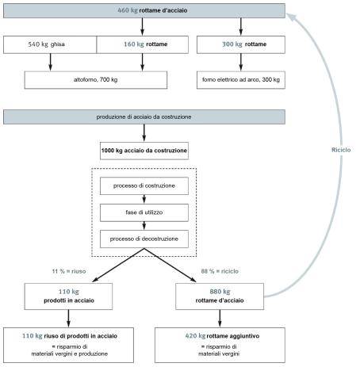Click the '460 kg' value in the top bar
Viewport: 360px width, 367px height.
tap(128, 10)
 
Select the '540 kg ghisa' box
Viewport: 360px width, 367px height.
tap(50, 44)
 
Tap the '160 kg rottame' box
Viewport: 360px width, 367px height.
tap(143, 44)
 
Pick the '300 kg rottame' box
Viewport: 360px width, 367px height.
tap(241, 44)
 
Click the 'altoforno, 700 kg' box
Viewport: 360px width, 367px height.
tap(96, 80)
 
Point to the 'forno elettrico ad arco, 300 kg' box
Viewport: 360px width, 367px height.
tap(241, 80)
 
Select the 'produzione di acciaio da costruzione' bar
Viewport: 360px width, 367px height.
tap(144, 117)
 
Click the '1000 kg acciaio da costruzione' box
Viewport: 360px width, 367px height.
tap(144, 151)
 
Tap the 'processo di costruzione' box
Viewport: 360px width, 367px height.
tap(144, 185)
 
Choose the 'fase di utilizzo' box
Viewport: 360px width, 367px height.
tap(144, 212)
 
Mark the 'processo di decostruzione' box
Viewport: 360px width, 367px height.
tap(144, 239)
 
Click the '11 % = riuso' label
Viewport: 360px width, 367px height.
tap(69, 271)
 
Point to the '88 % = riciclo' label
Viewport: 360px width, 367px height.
tap(220, 271)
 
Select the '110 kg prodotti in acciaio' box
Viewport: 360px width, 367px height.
tap(68, 296)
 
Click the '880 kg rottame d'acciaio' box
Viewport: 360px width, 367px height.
tap(220, 296)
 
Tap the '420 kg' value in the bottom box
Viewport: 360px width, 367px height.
tap(195, 336)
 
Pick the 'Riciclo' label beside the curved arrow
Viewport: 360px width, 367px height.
tap(341, 150)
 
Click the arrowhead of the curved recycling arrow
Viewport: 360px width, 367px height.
tap(292, 17)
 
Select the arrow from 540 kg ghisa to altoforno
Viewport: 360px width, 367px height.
tap(50, 63)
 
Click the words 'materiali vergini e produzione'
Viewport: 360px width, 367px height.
tap(70, 354)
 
